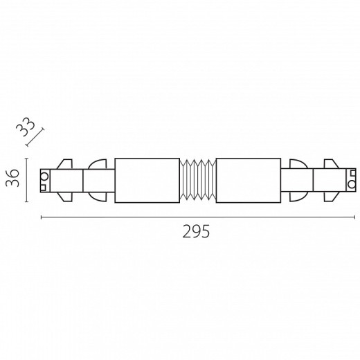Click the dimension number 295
196,231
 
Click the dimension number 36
12,178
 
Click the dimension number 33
26,127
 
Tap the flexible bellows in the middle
198,179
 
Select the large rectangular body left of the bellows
147,181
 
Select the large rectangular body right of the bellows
249,181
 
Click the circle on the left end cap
44,177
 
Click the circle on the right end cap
352,184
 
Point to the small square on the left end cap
43,188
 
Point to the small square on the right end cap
353,173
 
